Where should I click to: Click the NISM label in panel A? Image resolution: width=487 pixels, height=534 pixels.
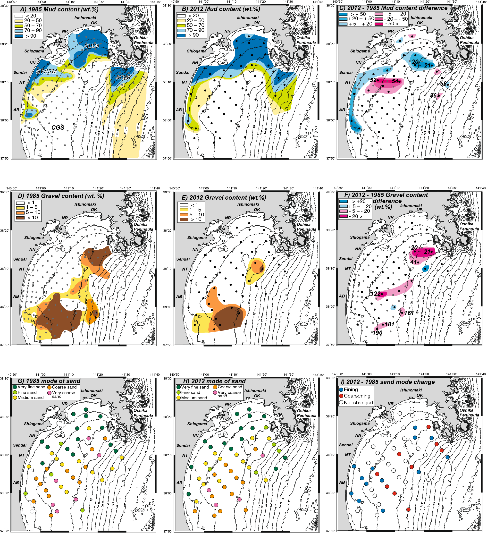pos(92,46)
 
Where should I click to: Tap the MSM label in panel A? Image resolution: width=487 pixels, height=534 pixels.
pos(123,77)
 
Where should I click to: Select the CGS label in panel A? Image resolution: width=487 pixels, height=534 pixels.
pos(58,127)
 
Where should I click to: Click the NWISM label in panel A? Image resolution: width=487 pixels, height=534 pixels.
pos(47,71)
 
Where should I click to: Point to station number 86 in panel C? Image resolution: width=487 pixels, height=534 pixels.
pos(433,95)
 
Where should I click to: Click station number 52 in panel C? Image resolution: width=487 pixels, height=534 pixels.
pos(373,80)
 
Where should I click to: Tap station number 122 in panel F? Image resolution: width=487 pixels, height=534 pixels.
pos(376,294)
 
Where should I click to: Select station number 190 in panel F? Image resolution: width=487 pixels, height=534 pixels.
pos(377,333)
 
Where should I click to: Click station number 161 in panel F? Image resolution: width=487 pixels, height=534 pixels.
pos(409,313)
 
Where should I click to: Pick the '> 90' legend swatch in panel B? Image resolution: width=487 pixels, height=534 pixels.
pos(181,35)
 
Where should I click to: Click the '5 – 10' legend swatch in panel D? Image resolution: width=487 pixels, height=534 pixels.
pos(20,212)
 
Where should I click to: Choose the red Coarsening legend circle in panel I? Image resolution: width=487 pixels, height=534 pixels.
pos(341,396)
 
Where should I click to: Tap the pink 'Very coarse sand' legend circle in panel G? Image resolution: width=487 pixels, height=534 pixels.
pos(49,393)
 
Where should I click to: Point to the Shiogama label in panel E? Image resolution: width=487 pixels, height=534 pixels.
pos(197,237)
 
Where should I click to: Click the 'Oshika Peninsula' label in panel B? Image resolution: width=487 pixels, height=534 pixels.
pos(306,40)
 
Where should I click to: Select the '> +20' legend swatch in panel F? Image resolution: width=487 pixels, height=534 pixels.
pos(343,201)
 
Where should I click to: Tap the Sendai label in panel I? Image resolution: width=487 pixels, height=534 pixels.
pos(346,445)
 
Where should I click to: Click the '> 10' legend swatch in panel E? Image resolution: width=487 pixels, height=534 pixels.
pos(184,219)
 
